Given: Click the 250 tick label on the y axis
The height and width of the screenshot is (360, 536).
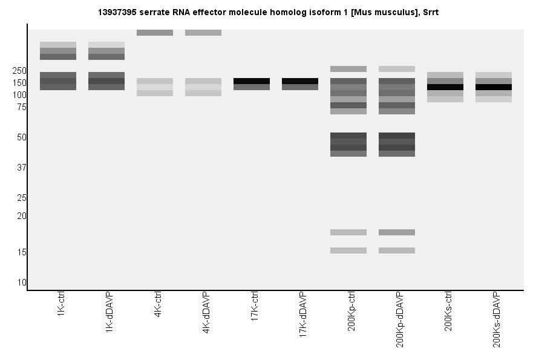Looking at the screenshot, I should pos(19,71).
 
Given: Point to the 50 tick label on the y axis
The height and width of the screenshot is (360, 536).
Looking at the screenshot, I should pos(21,137).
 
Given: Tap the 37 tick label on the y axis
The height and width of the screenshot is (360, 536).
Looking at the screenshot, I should pos(21,168).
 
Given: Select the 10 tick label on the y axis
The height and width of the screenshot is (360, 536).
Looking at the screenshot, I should pos(21,283).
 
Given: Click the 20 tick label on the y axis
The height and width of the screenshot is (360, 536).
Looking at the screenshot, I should pos(21,216).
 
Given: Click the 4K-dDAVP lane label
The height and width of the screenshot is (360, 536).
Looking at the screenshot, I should pos(206,314).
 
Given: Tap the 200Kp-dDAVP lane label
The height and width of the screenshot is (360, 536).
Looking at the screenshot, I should pos(399,319).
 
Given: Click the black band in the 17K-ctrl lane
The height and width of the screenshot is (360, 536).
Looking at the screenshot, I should pos(252,81).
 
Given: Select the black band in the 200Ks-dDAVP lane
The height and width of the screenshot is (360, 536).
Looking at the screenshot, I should pos(494,87).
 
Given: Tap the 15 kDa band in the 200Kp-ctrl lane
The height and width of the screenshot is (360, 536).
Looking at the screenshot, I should pos(348,250).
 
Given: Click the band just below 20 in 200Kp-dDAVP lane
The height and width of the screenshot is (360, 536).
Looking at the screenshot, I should pos(397,232).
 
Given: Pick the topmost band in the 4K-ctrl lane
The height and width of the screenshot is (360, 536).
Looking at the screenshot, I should pos(155,33).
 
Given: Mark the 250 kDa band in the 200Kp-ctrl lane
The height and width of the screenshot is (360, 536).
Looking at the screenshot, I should pos(348,69).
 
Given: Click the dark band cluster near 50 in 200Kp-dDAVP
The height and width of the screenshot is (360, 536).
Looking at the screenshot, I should pos(397,145).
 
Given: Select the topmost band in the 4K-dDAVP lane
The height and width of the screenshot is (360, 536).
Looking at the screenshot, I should pos(203,33).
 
